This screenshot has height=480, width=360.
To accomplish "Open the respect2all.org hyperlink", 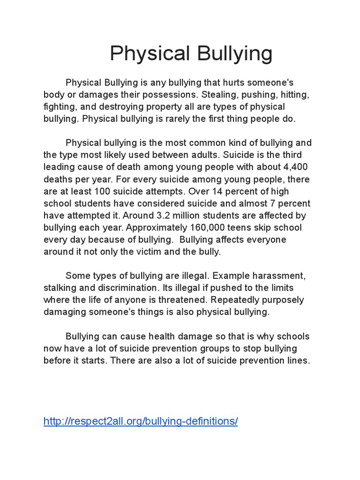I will pos(141,421).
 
